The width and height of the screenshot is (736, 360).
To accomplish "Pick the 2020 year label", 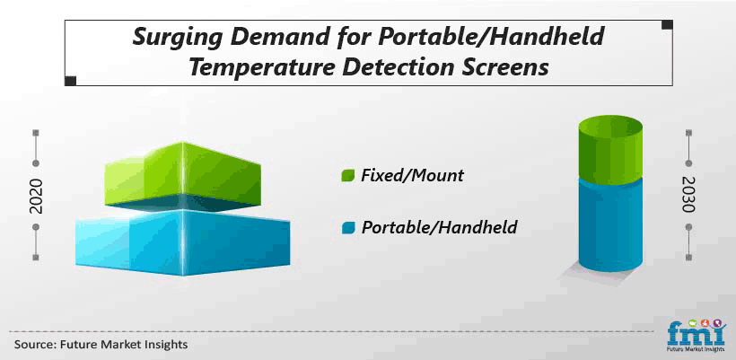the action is pyautogui.click(x=36, y=196).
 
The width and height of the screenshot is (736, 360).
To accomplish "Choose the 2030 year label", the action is pyautogui.click(x=688, y=194).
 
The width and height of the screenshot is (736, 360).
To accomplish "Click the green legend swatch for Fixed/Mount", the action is pyautogui.click(x=347, y=176).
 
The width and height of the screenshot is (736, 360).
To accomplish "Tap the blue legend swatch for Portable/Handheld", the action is pyautogui.click(x=347, y=228).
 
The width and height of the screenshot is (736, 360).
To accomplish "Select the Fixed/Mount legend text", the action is pyautogui.click(x=412, y=176).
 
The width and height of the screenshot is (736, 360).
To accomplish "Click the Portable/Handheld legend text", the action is pyautogui.click(x=439, y=228).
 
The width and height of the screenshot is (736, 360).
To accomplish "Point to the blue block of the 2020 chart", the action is pyautogui.click(x=182, y=242).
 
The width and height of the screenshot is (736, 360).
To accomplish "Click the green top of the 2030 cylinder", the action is pyautogui.click(x=610, y=150).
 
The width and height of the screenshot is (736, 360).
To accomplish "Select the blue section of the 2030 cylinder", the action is pyautogui.click(x=610, y=225).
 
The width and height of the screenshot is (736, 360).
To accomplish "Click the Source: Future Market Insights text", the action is pyautogui.click(x=101, y=345).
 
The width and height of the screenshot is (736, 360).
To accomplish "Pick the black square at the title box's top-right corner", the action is pyautogui.click(x=667, y=25).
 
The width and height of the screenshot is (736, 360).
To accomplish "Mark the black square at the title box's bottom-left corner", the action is pyautogui.click(x=70, y=81).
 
